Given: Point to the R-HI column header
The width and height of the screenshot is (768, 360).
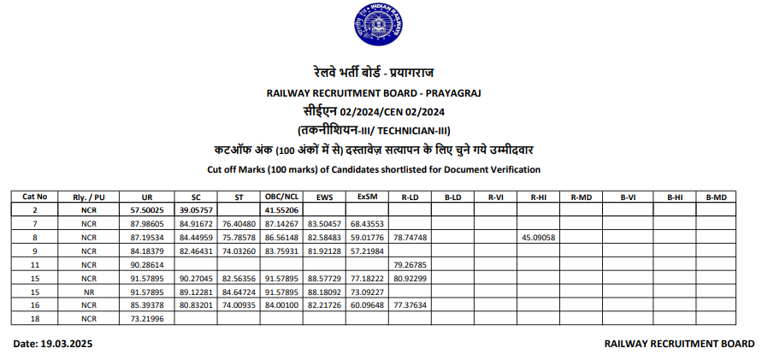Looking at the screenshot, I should pyautogui.click(x=538, y=197).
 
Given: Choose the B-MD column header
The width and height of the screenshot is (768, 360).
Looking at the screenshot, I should pyautogui.click(x=716, y=197).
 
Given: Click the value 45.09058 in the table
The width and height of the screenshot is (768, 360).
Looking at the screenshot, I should pyautogui.click(x=538, y=237).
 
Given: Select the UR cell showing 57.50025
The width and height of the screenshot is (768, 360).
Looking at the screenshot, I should pyautogui.click(x=147, y=210).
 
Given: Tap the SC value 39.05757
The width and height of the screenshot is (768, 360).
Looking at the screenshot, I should pyautogui.click(x=196, y=210).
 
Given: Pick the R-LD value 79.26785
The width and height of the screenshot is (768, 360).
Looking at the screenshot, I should pyautogui.click(x=411, y=264).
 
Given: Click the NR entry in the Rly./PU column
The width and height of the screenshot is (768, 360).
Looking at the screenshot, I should pyautogui.click(x=89, y=292).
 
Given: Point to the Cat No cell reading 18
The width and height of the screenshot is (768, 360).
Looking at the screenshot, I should pyautogui.click(x=35, y=318).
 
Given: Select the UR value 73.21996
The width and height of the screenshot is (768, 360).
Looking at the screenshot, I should pyautogui.click(x=147, y=318).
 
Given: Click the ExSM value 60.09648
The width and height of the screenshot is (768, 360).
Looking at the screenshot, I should pyautogui.click(x=368, y=305).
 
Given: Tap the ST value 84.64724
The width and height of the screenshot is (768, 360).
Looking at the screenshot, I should pyautogui.click(x=239, y=292).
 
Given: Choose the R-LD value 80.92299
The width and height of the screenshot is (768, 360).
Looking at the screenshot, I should pyautogui.click(x=411, y=278).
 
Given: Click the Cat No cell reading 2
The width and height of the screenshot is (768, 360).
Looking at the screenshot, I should pyautogui.click(x=35, y=210).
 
